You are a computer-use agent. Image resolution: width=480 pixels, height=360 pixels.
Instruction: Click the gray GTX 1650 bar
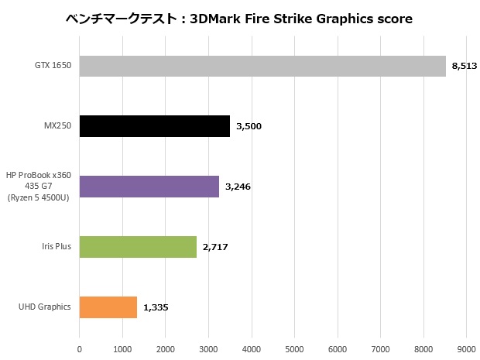(262, 66)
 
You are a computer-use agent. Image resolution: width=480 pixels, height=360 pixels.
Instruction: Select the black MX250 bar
(154, 126)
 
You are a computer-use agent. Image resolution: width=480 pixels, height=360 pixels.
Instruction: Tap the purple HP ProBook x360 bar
(149, 187)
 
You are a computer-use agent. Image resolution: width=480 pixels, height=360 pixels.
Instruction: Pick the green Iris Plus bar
(138, 247)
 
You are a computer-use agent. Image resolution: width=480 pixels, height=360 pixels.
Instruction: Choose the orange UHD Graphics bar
(108, 307)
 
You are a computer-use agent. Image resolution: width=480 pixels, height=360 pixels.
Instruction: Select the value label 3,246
(238, 187)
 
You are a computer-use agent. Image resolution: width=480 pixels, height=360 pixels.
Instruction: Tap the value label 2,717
(215, 247)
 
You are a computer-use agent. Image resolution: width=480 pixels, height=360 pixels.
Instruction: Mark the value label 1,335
(156, 307)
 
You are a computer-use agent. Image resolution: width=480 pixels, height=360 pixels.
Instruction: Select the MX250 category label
(59, 126)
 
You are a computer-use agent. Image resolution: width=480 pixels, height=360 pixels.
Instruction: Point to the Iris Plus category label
(56, 247)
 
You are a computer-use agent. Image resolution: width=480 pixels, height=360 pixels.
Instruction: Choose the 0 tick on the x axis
(80, 349)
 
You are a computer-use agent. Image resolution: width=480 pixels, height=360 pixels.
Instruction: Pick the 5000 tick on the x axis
(294, 349)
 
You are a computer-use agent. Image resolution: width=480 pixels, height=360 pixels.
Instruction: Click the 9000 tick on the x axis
(466, 349)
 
